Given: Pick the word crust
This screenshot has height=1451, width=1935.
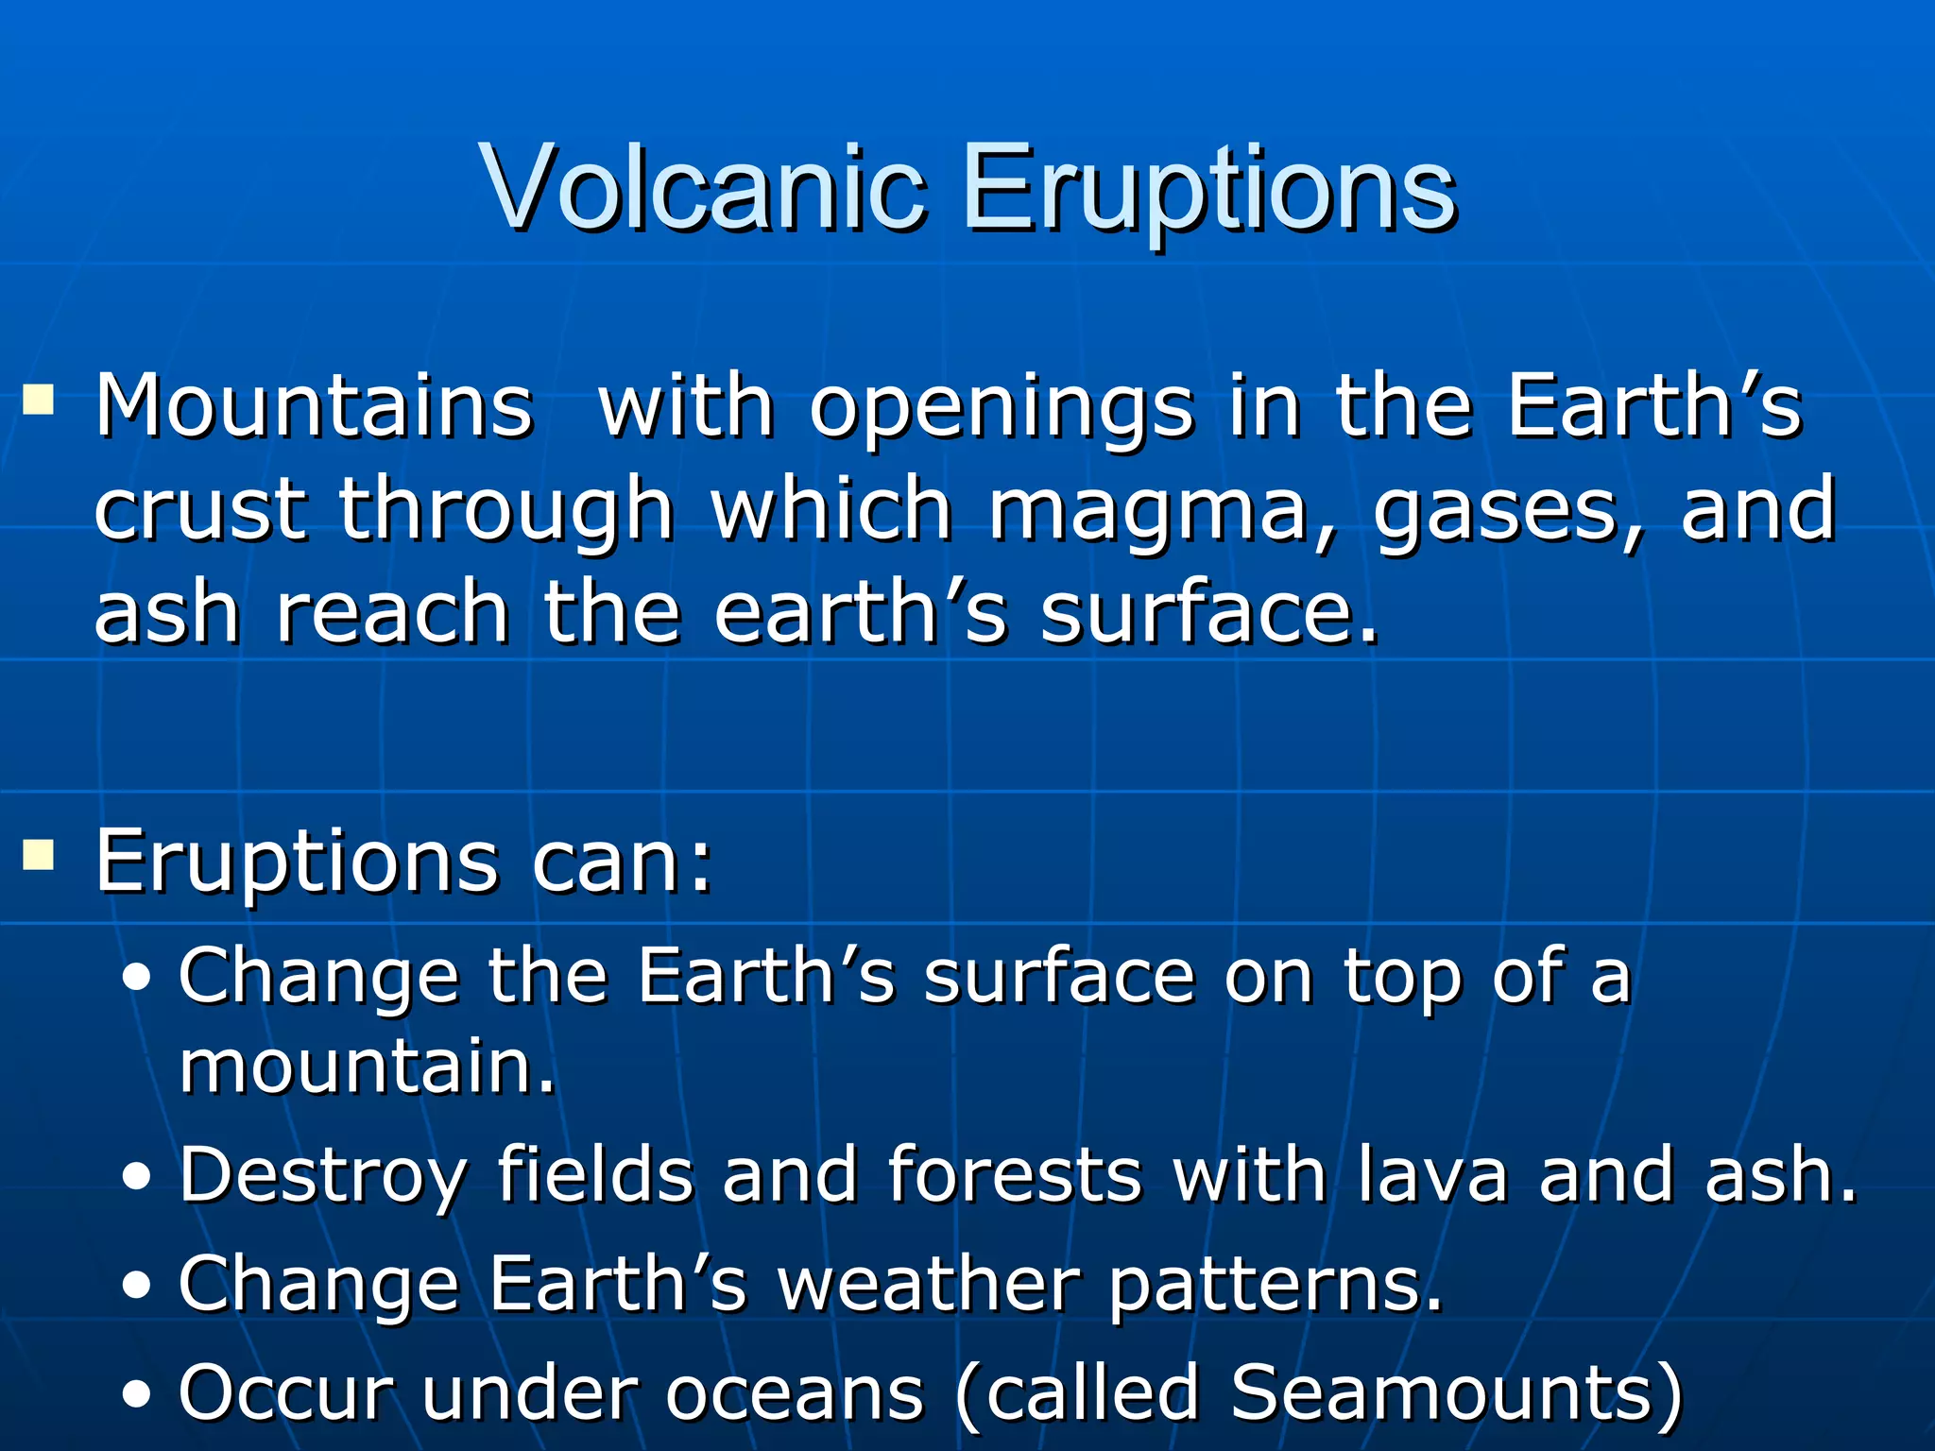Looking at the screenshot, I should [x=200, y=510].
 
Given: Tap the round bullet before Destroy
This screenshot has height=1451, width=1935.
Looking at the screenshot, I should [x=138, y=1177].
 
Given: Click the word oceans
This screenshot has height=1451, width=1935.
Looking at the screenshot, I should [x=794, y=1392].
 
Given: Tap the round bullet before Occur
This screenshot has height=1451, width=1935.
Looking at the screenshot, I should [x=138, y=1395].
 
